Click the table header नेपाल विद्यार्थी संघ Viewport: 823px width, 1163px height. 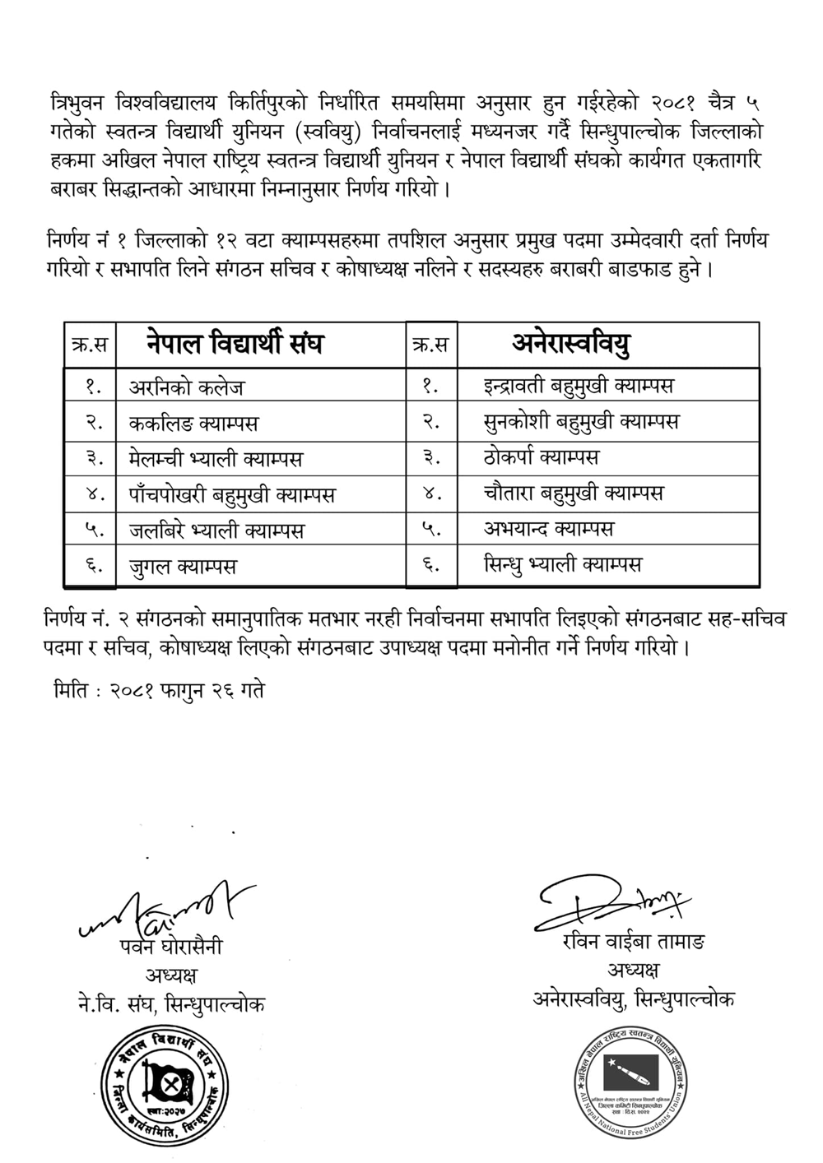point(235,344)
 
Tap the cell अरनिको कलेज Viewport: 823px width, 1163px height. point(187,387)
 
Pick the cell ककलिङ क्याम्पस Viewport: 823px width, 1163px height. point(193,423)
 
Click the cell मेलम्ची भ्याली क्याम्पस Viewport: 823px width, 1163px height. point(216,458)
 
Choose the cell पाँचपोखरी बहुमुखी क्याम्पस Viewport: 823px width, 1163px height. point(232,494)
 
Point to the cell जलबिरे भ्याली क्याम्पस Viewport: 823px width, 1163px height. point(216,531)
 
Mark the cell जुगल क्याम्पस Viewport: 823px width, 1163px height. point(183,566)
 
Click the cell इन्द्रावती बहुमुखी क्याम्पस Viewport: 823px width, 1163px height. point(579,385)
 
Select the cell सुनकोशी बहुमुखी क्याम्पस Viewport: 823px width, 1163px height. point(581,421)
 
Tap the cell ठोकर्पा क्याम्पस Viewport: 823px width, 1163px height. point(542,456)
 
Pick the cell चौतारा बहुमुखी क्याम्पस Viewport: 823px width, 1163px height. point(573,493)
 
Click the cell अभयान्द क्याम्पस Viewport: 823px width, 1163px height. point(548,528)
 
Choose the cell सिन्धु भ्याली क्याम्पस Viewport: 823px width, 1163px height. point(562,564)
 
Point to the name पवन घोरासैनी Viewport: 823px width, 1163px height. point(170,947)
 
